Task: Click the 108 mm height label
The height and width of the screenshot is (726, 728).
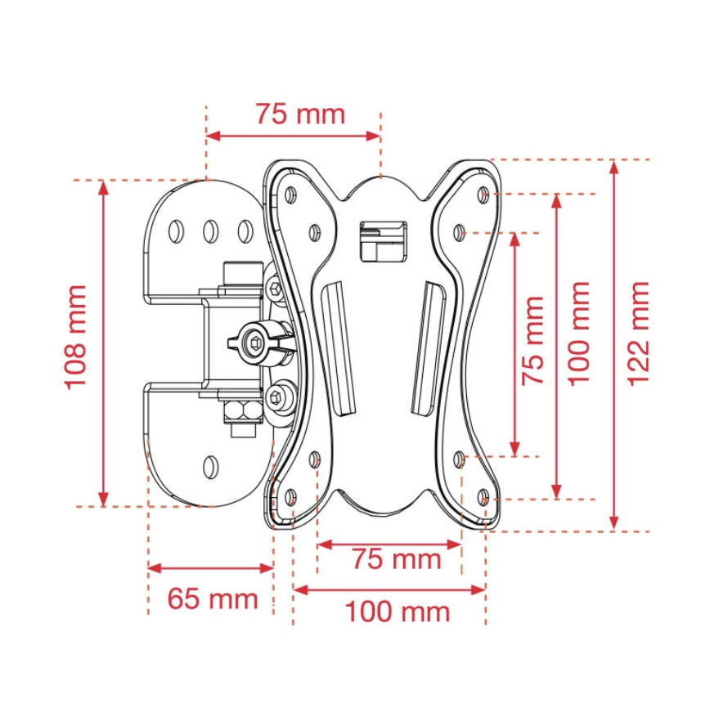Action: (x=76, y=337)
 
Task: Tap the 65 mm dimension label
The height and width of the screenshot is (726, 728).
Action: (x=213, y=599)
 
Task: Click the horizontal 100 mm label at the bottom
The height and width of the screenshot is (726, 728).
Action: (x=397, y=612)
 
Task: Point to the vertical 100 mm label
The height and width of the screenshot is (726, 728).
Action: (x=579, y=333)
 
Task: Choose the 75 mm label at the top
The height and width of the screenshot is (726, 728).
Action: (x=299, y=114)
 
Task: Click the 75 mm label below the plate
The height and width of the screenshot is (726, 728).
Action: (x=397, y=560)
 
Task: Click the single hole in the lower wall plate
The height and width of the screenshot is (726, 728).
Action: (x=210, y=467)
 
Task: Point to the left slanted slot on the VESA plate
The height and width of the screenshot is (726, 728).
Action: (x=339, y=347)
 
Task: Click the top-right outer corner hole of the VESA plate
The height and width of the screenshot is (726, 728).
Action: (x=483, y=195)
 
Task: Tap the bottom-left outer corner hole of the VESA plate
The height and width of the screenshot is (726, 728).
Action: (x=290, y=495)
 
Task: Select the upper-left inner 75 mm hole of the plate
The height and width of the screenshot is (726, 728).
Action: (x=314, y=232)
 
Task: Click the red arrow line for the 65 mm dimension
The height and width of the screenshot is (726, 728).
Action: (x=210, y=567)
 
